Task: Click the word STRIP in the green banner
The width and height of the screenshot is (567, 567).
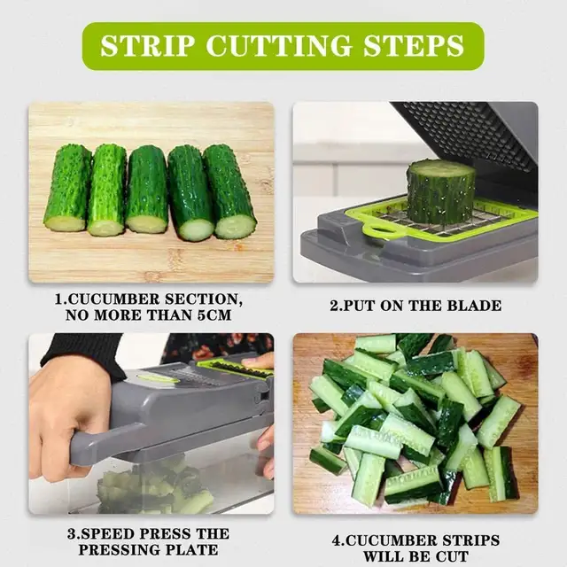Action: [148, 45]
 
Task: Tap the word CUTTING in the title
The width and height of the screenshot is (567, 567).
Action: [278, 45]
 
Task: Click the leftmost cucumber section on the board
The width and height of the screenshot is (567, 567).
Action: [67, 188]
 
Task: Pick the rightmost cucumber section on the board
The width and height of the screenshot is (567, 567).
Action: [230, 191]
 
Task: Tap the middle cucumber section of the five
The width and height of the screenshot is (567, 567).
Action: [147, 189]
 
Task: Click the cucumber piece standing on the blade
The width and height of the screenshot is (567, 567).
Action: [440, 193]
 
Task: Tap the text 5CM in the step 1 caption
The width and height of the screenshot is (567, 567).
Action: [214, 315]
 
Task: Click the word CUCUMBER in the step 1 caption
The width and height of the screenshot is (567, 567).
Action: [113, 299]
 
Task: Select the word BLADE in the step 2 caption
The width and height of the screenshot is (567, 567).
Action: [474, 306]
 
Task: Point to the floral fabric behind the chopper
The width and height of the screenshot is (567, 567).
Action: [221, 346]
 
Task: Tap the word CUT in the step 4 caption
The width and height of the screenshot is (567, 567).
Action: [451, 556]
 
